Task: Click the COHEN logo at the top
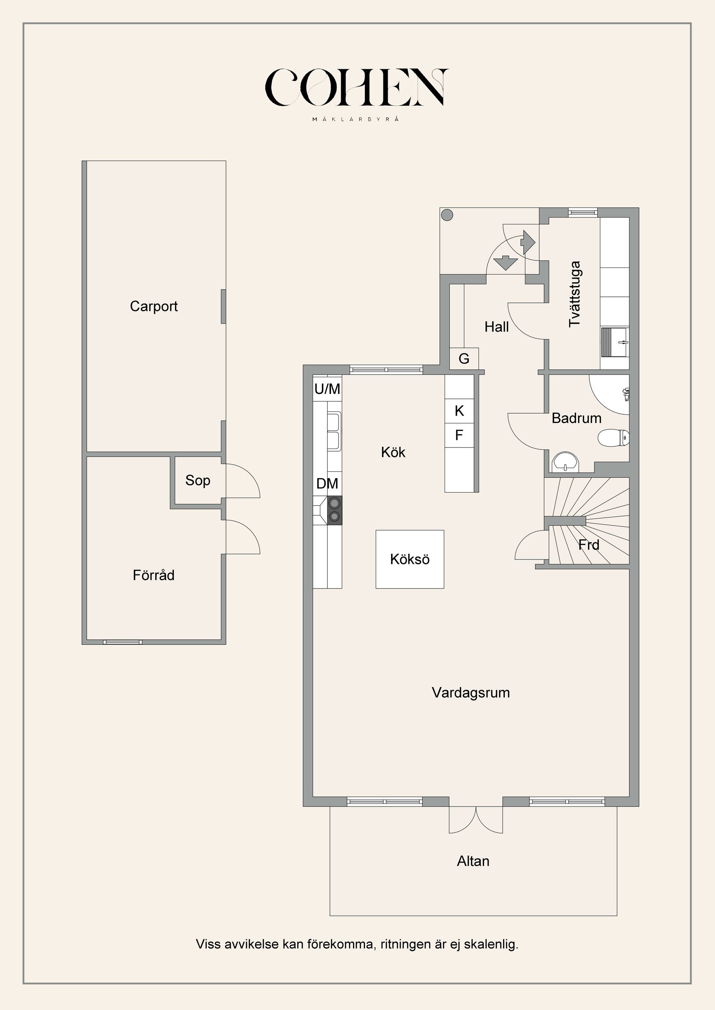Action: tap(357, 87)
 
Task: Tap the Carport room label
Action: tap(154, 306)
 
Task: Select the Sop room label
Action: tap(198, 480)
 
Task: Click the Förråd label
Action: tap(154, 575)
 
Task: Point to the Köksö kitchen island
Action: tap(410, 559)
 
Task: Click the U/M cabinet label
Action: tap(327, 389)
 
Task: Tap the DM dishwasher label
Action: tap(327, 484)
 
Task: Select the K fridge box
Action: tap(459, 411)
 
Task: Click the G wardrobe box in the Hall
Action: tap(464, 359)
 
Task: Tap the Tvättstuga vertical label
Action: tap(575, 294)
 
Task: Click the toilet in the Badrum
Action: tap(613, 438)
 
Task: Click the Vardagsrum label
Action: tap(471, 693)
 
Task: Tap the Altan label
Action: tap(473, 861)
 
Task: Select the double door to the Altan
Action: tap(476, 819)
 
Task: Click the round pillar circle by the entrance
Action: tap(447, 215)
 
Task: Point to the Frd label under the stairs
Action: tap(589, 545)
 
